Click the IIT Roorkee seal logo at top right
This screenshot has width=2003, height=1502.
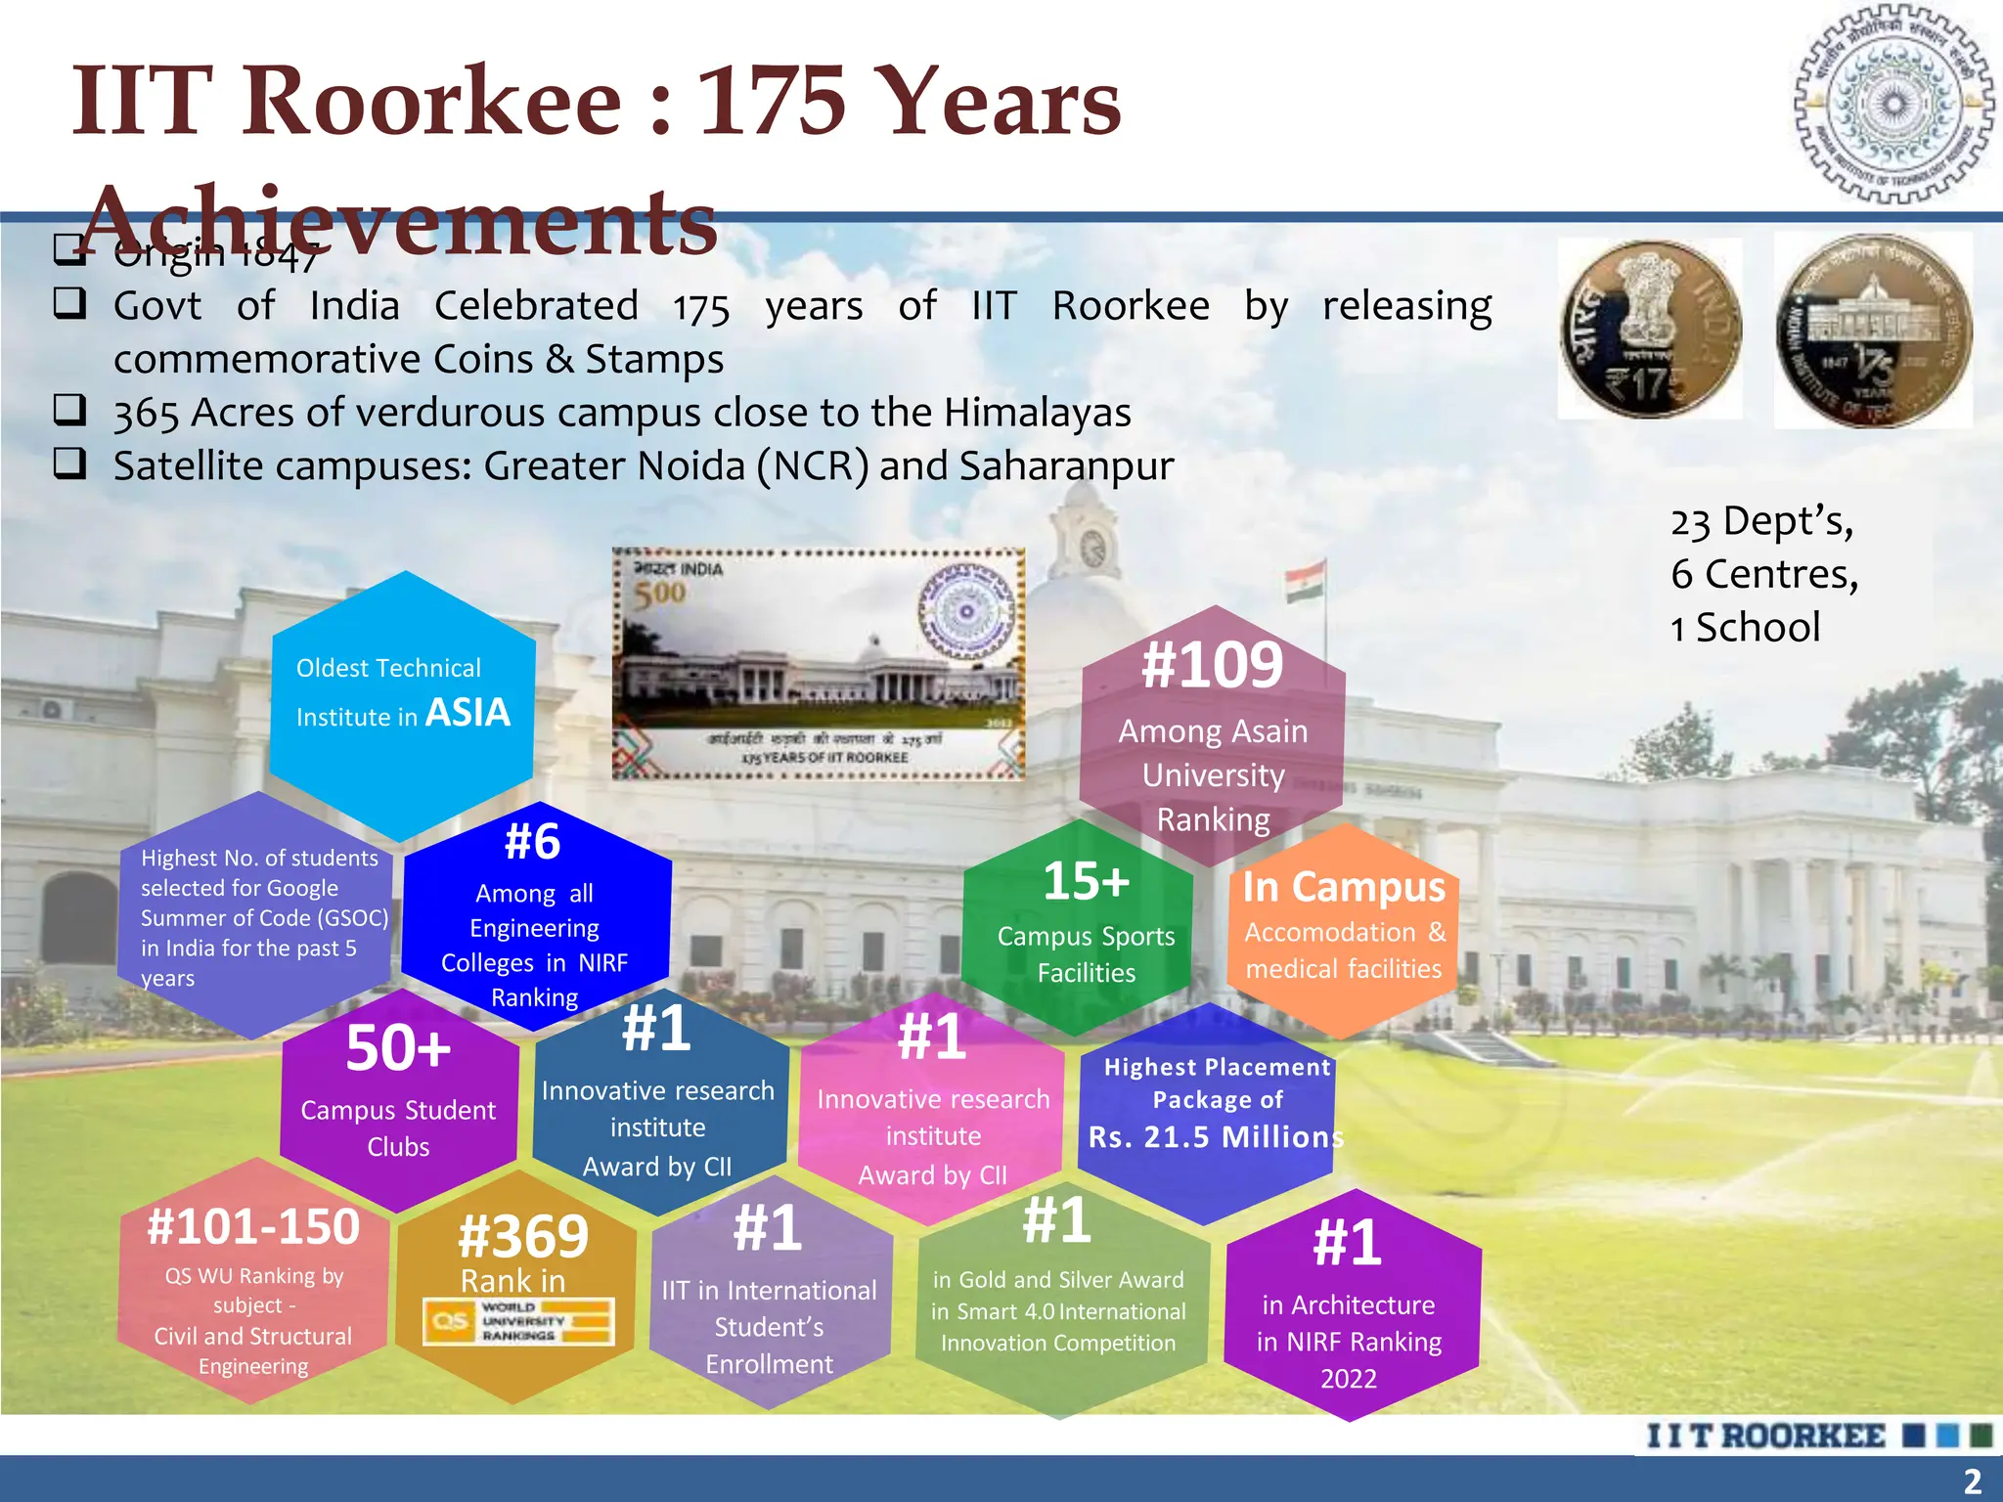1894,105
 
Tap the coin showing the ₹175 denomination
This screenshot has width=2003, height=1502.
1650,330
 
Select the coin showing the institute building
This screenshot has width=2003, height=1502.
1873,331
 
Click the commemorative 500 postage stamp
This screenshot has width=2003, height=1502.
819,664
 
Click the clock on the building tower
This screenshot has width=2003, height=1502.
1093,548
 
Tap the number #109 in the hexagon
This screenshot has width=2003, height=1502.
1213,665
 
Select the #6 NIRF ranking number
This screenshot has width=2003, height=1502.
533,841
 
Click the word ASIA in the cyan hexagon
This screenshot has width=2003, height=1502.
468,713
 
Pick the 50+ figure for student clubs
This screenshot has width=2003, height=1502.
398,1048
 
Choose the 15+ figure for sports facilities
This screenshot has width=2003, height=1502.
1086,880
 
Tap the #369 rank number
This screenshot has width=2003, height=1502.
523,1236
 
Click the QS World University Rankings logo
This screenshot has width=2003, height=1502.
518,1321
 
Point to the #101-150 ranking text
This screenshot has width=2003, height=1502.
253,1226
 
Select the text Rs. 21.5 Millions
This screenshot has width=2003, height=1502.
1216,1137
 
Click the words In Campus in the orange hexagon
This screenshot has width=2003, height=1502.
1344,887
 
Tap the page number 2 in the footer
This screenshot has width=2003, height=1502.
1973,1480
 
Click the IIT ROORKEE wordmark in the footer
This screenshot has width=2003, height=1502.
1765,1436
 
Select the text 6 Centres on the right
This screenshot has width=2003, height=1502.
1764,574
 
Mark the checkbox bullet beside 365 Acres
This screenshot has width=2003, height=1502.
69,410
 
